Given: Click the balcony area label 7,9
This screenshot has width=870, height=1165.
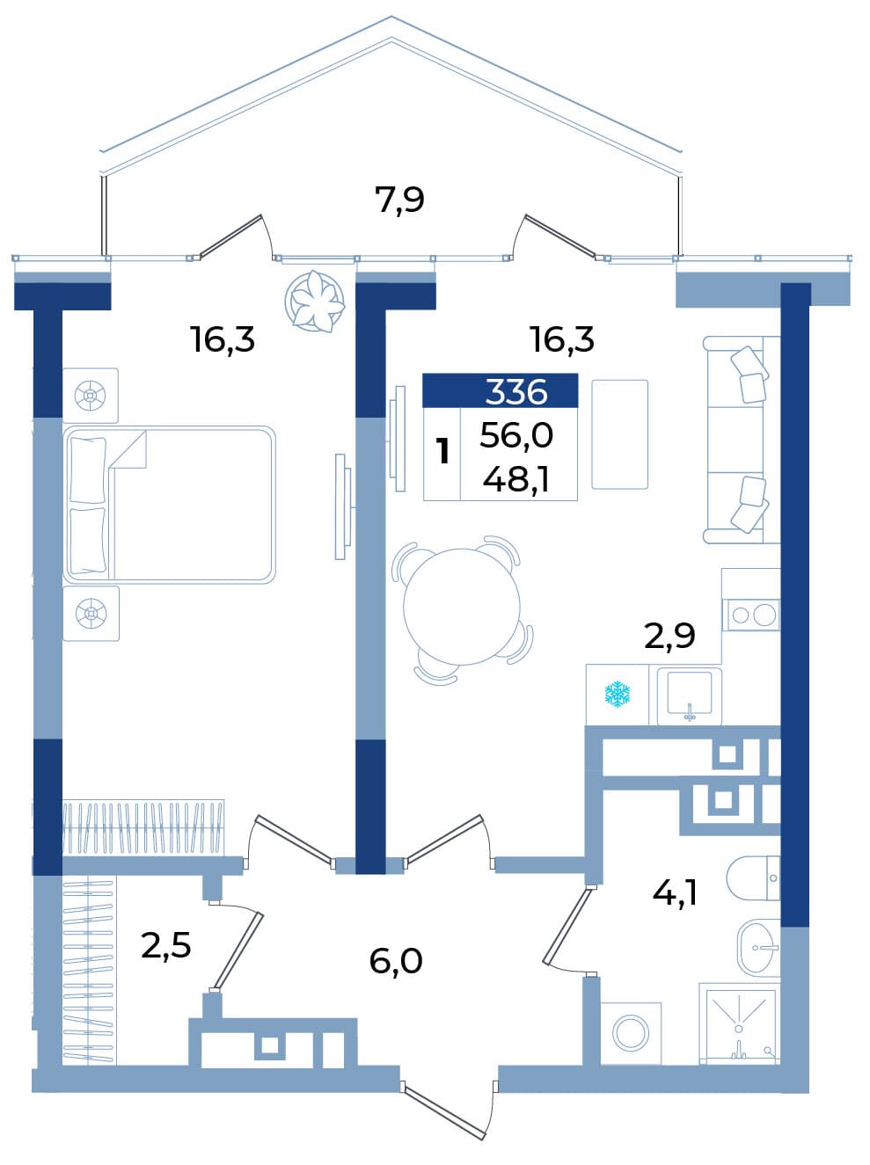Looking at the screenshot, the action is coord(399,200).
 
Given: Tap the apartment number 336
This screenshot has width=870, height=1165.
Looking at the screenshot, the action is coord(516,393).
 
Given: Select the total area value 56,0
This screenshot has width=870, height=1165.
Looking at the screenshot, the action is coord(516,435).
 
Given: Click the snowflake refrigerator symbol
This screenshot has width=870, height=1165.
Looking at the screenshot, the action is coord(618,695).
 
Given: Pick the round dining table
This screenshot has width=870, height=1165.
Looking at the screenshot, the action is coord(463,606).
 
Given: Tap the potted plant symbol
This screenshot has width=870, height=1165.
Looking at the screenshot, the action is coord(314,301).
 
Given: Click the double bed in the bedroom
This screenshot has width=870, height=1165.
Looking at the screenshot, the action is coord(169,505).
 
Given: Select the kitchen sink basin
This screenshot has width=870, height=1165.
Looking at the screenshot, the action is coord(689,695).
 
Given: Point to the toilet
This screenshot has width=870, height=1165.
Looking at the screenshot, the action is coord(753,878).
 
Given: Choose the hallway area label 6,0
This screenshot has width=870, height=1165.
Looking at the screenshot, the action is coord(396,959).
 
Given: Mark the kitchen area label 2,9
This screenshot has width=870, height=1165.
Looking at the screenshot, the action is coord(669,636).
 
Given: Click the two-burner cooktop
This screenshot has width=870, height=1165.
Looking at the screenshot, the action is coord(750,615).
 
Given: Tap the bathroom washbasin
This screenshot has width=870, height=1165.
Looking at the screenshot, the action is coord(758,949).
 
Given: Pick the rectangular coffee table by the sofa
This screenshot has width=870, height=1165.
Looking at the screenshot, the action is coord(619,434).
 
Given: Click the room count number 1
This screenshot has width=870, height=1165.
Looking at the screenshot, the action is coord(442,451).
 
